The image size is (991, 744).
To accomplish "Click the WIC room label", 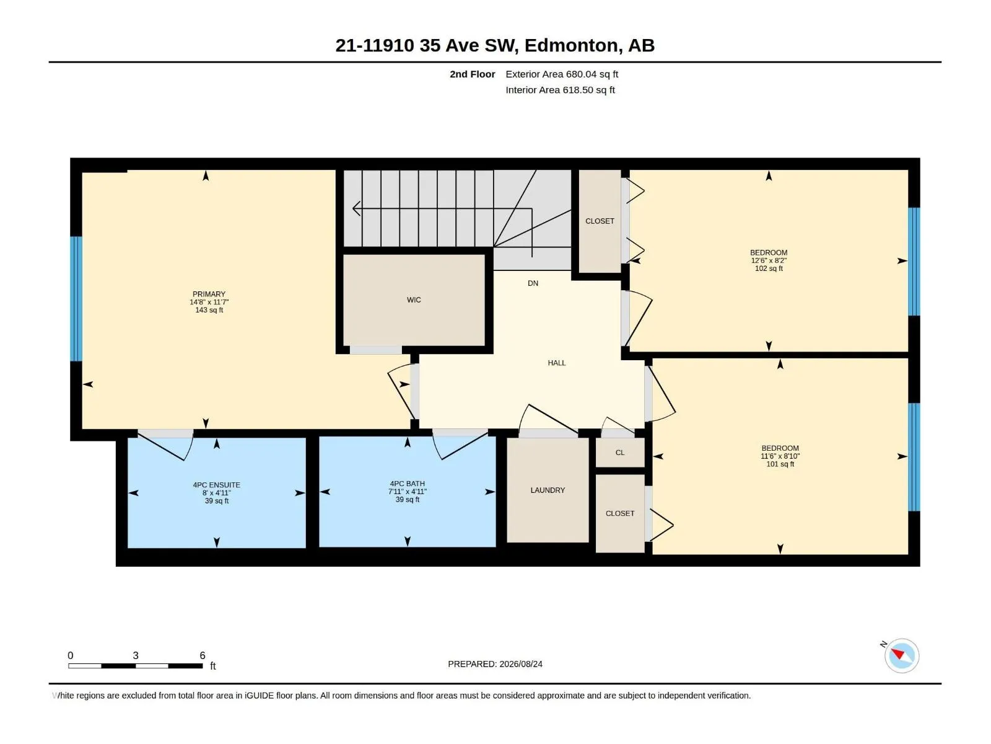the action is pos(414,300).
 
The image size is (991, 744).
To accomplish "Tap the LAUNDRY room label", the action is pos(548,490).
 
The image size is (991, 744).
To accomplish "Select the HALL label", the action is pos(557,363).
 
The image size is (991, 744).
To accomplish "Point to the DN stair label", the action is pos(533,283).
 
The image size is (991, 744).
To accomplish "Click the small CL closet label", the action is pos(620,453).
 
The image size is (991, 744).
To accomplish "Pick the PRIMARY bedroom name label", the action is pos(209,294).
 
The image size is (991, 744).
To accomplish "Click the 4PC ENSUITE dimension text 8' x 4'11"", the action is pos(217,493).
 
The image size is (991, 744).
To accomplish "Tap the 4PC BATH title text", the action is pos(407,484).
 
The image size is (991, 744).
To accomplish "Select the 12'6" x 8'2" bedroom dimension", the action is pos(769,260).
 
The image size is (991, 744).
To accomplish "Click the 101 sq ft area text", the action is pos(780,464).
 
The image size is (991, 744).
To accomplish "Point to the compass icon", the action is pos(902,656).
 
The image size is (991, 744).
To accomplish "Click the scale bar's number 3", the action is pos(136,655).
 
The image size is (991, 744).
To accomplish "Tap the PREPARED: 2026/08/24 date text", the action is pos(495,664).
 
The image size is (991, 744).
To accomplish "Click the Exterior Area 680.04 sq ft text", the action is pos(562,74).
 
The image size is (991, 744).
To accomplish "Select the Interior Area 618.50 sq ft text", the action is pos(561,90).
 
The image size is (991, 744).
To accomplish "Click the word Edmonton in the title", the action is pos(571,45).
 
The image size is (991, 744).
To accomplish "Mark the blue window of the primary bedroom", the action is pos(76,299).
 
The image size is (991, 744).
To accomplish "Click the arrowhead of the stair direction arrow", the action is pos(356,208).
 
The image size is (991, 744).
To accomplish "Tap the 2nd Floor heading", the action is pos(472,74).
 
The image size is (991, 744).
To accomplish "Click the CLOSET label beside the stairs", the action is pos(600,221).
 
